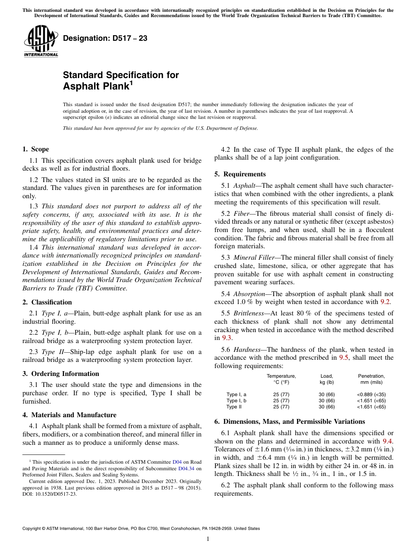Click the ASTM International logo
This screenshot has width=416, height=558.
[x=41, y=41]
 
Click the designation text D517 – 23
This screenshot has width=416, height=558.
[x=105, y=39]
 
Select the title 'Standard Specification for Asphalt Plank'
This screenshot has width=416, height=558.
[x=121, y=81]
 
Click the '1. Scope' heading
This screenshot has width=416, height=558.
[x=36, y=149]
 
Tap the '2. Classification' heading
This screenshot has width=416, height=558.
[x=47, y=302]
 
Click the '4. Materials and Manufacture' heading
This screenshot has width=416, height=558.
[x=69, y=415]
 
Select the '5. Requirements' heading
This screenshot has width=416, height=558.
[x=240, y=174]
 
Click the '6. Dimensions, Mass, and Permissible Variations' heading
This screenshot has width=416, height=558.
[x=289, y=422]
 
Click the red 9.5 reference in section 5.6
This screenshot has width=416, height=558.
[x=344, y=358]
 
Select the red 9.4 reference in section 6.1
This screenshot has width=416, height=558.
[x=388, y=441]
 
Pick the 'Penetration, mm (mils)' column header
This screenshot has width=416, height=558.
[x=371, y=379]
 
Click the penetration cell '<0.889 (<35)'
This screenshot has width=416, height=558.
[x=371, y=394]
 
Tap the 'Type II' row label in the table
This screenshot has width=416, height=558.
[x=234, y=407]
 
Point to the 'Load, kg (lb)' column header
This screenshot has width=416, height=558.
[x=327, y=379]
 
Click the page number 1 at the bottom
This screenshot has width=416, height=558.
[x=208, y=539]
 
